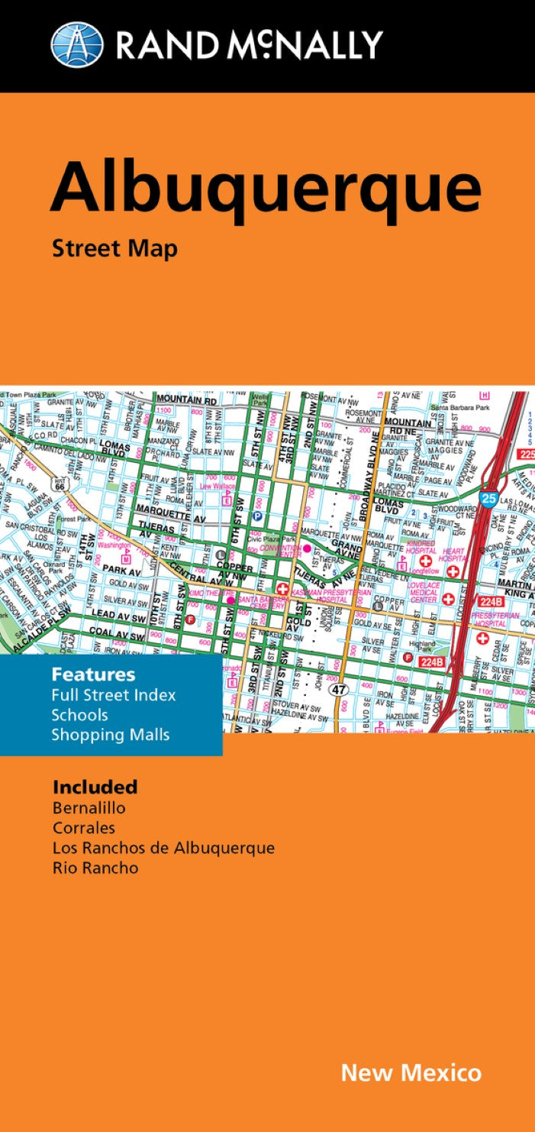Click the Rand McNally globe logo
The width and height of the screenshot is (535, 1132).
(x=76, y=44)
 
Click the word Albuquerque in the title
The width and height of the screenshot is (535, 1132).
(x=266, y=187)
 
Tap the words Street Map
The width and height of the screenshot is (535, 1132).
(x=114, y=248)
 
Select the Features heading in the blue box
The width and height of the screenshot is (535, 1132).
(x=93, y=674)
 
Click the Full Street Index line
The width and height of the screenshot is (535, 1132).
(x=114, y=695)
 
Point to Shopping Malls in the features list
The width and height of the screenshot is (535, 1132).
(x=111, y=735)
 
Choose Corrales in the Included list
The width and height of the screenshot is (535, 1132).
(x=84, y=827)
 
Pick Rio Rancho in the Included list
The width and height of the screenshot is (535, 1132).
(x=95, y=867)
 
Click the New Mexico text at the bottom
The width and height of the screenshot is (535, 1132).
(x=411, y=1072)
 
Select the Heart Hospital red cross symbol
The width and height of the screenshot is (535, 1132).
(x=453, y=570)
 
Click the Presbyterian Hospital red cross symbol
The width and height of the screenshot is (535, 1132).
(x=482, y=638)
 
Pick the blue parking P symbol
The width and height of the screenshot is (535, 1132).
(x=258, y=516)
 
